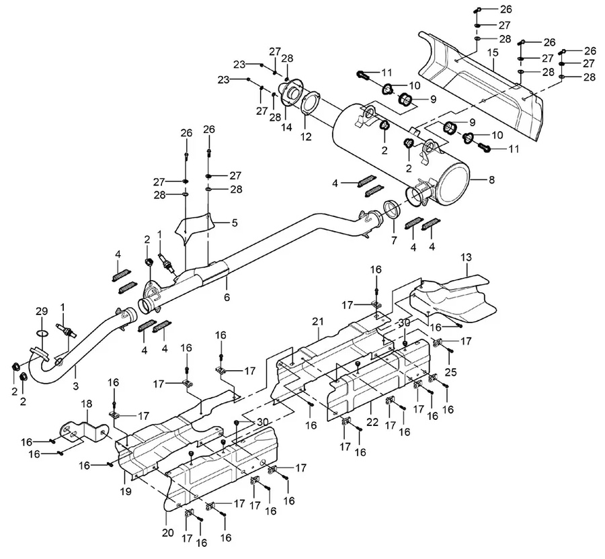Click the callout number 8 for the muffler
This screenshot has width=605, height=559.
click(x=491, y=179)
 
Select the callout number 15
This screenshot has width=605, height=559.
click(x=493, y=52)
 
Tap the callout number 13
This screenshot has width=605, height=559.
click(x=466, y=257)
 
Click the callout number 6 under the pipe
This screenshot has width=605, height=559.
click(x=227, y=297)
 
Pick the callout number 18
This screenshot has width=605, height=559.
click(x=87, y=404)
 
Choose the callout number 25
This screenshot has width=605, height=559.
click(x=450, y=372)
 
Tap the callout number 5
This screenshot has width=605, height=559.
click(x=234, y=223)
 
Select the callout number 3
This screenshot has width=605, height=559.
click(x=75, y=385)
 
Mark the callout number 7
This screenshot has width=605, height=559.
click(x=393, y=241)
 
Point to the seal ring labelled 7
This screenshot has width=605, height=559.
click(x=393, y=210)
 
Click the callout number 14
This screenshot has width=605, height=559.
click(x=286, y=127)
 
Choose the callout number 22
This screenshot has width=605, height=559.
click(x=372, y=422)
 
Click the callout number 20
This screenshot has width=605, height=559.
click(x=168, y=532)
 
